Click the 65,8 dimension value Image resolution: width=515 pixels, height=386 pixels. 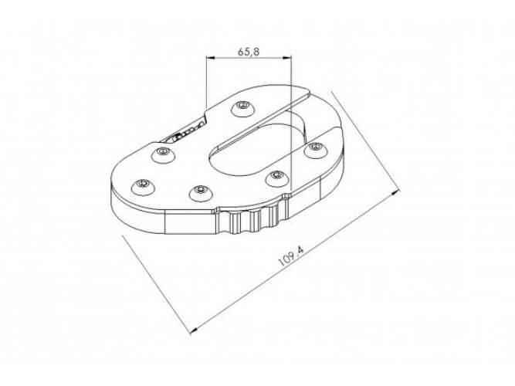249,51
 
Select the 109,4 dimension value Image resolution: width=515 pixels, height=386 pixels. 291,256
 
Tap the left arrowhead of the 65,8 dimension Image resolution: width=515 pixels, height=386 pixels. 210,58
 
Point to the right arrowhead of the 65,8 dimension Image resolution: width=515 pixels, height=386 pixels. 287,58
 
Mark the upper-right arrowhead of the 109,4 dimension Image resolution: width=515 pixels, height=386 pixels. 396,192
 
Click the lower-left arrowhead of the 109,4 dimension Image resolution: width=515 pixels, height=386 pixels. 195,331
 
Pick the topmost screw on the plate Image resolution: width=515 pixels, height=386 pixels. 243,108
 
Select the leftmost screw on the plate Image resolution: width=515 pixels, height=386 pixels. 143,187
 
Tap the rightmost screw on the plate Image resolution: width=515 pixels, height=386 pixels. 316,150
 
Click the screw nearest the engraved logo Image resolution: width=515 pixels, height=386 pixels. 164,154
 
